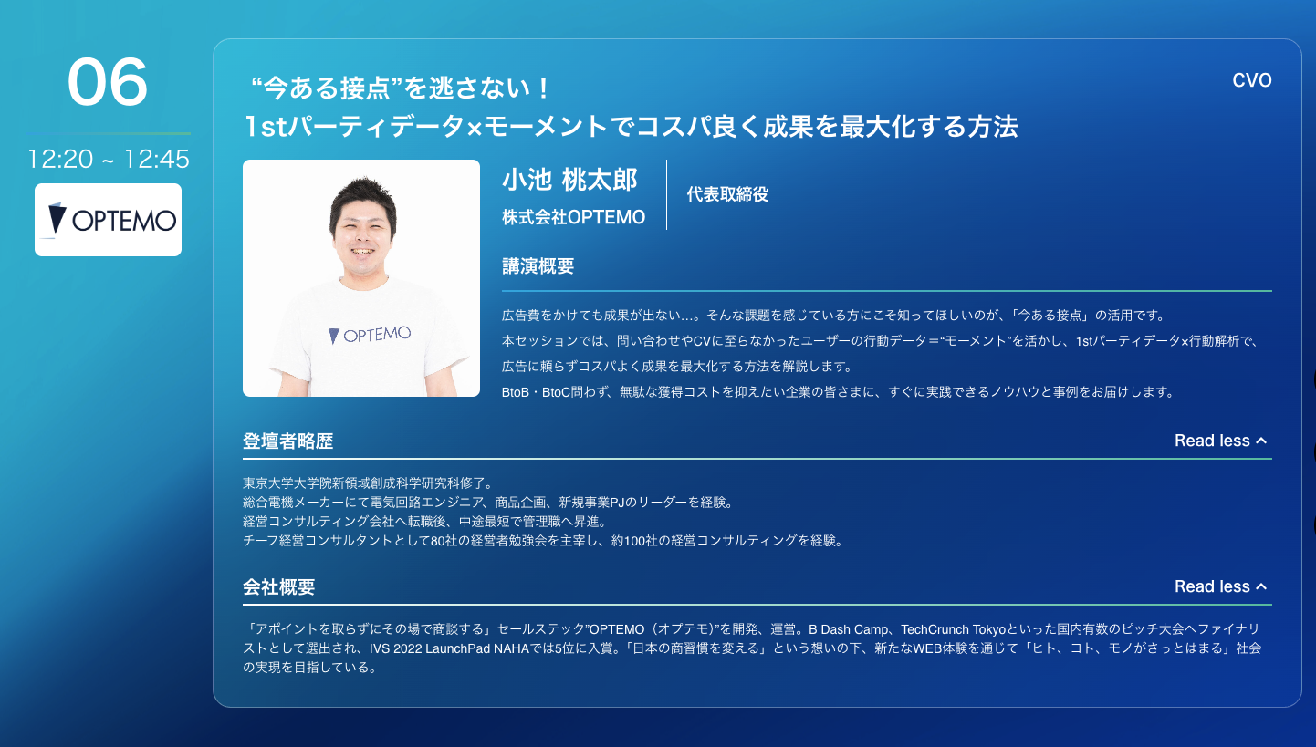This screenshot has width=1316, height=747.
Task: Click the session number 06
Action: (107, 81)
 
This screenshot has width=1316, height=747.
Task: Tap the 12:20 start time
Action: (60, 159)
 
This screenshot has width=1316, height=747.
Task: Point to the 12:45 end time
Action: (157, 159)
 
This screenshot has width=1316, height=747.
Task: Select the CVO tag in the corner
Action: (1251, 80)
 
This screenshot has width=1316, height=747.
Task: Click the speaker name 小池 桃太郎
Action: (569, 179)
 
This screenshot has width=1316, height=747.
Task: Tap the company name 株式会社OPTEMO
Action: (573, 217)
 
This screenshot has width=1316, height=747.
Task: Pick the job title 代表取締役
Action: (727, 194)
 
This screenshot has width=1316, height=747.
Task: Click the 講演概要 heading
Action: (538, 266)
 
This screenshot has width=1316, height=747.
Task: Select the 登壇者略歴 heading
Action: (287, 441)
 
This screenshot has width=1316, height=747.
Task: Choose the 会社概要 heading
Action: (279, 586)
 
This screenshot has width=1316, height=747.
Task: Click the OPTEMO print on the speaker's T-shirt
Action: (370, 335)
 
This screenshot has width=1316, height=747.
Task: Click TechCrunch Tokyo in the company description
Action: (954, 629)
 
